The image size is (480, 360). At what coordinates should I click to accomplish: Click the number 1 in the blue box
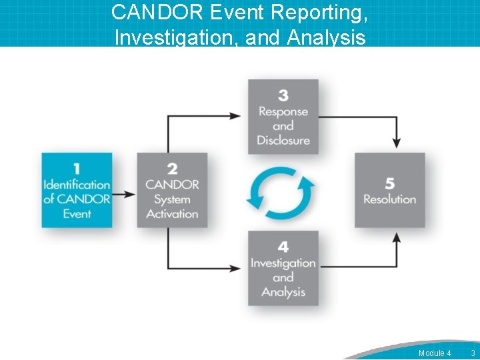(77, 169)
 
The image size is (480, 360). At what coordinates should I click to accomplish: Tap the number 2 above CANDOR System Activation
(172, 169)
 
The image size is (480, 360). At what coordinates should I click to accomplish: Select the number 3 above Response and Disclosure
(283, 96)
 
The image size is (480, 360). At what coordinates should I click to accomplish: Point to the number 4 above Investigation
(283, 248)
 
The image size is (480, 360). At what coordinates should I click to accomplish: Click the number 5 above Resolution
(389, 184)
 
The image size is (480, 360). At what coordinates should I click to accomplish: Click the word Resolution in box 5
(389, 199)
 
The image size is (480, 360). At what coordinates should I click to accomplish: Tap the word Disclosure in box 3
(283, 141)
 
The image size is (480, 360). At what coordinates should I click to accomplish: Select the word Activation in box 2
(172, 214)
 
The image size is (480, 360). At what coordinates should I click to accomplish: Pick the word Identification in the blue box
(77, 185)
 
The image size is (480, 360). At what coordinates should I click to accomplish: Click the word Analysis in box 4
(283, 292)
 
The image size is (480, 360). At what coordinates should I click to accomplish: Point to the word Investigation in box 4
(283, 263)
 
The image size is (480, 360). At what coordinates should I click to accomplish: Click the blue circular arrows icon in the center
(281, 193)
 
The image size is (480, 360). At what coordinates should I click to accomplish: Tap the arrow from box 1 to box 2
(124, 195)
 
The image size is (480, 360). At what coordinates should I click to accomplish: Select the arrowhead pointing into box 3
(237, 116)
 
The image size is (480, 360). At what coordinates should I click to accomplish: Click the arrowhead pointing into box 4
(237, 269)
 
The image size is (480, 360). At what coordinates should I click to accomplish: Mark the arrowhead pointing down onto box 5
(397, 142)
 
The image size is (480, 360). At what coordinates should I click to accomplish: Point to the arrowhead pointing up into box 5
(397, 238)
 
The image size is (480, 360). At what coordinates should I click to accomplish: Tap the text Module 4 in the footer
(435, 353)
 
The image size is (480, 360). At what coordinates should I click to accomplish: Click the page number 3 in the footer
(472, 353)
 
